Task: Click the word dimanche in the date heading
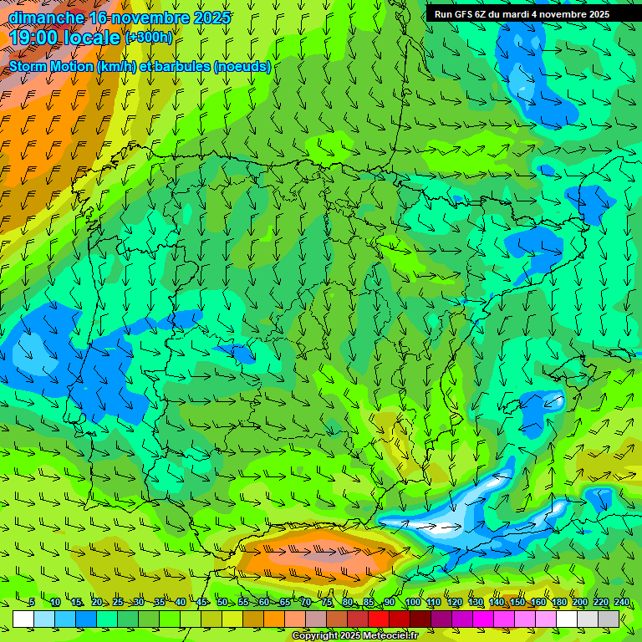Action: pos(47,17)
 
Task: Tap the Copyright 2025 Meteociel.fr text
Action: pos(354,636)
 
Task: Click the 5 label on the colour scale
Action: pos(32,603)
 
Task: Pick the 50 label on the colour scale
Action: pos(222,603)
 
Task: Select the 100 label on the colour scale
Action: pos(412,603)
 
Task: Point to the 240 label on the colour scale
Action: pos(622,603)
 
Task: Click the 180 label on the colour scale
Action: pos(559,603)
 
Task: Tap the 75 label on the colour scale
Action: pos(327,603)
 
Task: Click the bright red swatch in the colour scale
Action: pos(379,619)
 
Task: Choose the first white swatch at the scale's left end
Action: pos(23,619)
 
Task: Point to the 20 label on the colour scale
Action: pos(97,603)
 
